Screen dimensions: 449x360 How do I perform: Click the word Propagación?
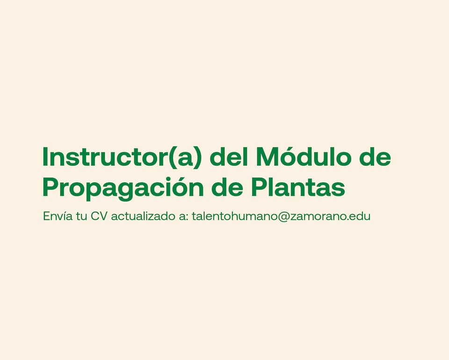[123, 188]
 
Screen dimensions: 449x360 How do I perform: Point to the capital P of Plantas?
[259, 188]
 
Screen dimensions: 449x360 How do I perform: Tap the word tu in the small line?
[81, 216]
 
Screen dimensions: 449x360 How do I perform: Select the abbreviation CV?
[99, 216]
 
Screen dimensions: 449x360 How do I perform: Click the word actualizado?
[143, 216]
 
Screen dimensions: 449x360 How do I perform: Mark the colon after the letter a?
[187, 218]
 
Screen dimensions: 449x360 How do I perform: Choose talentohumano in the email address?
[234, 216]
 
